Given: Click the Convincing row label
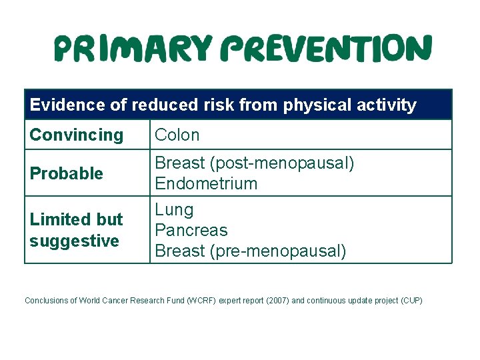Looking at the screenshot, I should (x=77, y=135).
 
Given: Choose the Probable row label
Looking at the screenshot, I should (x=67, y=173).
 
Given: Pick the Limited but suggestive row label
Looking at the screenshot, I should (x=76, y=230).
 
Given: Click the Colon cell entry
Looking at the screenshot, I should (x=177, y=135).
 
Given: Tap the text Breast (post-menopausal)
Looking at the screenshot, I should (x=255, y=163).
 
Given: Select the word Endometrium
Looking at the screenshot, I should (x=206, y=183).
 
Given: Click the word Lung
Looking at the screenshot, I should (x=174, y=210).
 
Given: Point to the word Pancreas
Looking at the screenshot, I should (x=191, y=231).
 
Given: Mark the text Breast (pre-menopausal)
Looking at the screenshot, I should (x=251, y=251).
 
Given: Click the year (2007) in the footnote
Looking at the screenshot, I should (x=277, y=301).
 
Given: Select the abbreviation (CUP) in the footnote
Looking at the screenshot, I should (x=411, y=301).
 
